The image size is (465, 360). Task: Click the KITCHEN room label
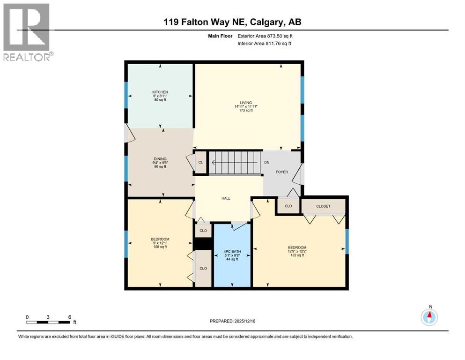click(x=160, y=92)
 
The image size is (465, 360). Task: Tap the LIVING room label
click(x=246, y=103)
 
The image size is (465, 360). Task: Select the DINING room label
click(x=160, y=159)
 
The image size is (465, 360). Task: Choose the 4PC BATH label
click(x=232, y=252)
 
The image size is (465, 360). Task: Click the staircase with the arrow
click(x=234, y=163)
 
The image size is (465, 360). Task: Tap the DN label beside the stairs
click(x=267, y=163)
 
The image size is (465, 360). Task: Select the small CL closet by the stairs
click(x=200, y=163)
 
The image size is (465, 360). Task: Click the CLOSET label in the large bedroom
click(x=323, y=206)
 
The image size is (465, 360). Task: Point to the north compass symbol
click(x=429, y=317)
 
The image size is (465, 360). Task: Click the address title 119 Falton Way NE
click(x=232, y=22)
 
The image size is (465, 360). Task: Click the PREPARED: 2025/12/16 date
click(x=232, y=321)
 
